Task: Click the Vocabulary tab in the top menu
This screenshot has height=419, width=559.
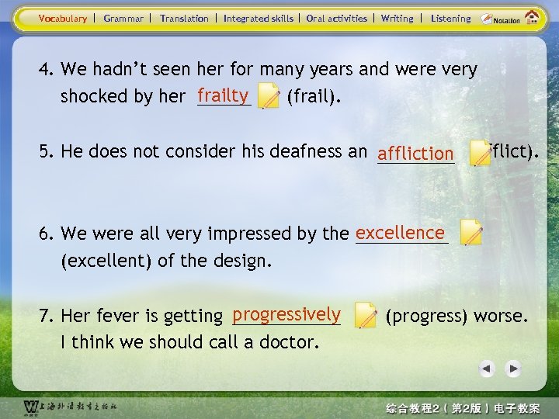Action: (x=63, y=19)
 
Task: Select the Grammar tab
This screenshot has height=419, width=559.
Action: (x=123, y=19)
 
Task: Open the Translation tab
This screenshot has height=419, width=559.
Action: (x=184, y=19)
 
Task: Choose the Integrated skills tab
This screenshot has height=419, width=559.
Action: (x=258, y=19)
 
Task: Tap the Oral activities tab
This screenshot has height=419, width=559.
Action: (x=336, y=19)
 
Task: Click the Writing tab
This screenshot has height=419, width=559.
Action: (x=397, y=19)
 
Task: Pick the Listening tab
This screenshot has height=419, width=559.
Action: (x=450, y=19)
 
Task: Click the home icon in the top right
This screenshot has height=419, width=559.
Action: (x=533, y=18)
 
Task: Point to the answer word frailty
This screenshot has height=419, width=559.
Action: (x=222, y=95)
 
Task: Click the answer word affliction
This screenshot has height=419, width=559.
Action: (x=415, y=154)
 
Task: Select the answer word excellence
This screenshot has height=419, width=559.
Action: (x=400, y=233)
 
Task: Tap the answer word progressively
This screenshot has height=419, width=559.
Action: (x=286, y=314)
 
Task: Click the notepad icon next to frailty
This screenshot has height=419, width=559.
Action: (x=269, y=96)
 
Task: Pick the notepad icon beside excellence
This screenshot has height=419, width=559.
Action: (x=471, y=232)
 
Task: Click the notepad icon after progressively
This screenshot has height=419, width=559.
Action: (x=365, y=315)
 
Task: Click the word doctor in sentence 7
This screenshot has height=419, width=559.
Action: (x=287, y=342)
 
